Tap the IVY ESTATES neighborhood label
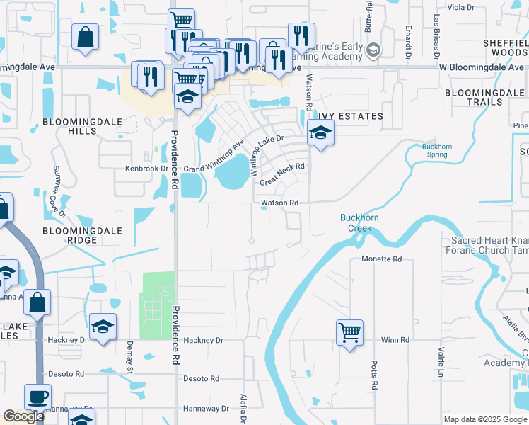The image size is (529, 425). [350, 116]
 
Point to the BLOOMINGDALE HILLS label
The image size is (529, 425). [74, 126]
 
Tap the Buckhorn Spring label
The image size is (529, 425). [436, 150]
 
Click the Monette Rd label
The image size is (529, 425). [381, 259]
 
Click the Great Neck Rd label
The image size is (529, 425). [281, 174]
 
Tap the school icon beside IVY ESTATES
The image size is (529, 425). [320, 132]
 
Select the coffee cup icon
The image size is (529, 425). [37, 397]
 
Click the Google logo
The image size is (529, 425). [23, 416]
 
